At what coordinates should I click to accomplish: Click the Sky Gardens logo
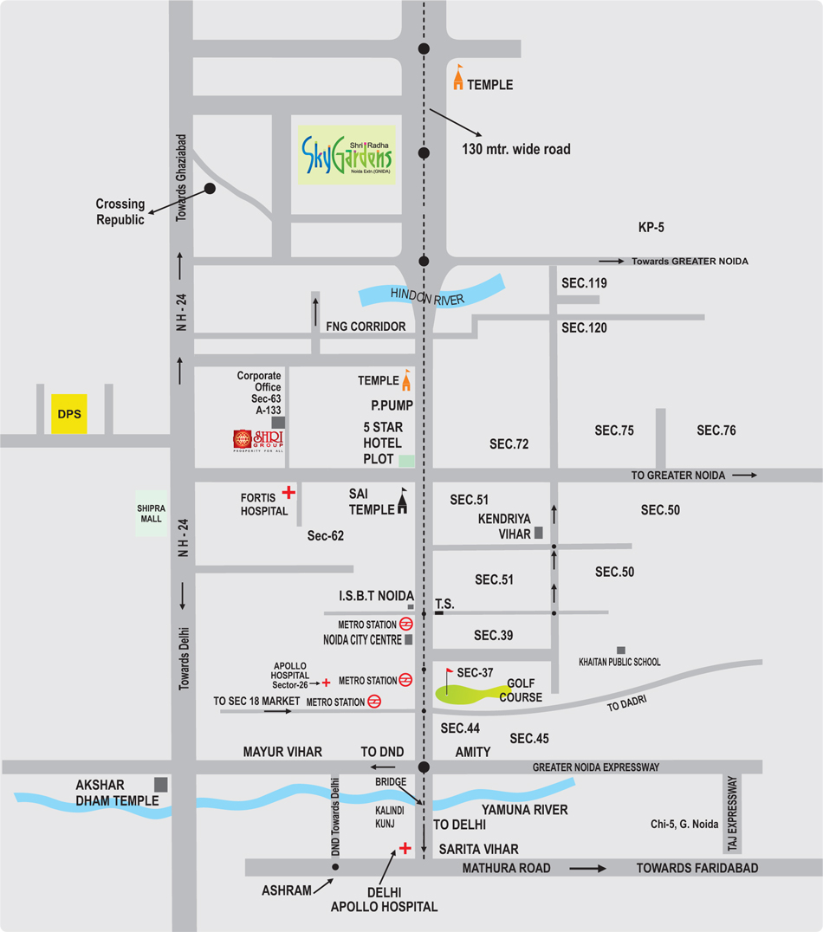pos(347,156)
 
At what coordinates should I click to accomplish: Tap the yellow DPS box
pos(68,415)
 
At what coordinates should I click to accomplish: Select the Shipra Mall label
pos(150,513)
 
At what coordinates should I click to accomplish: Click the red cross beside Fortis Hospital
pos(288,493)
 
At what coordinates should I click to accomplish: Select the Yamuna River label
pos(525,810)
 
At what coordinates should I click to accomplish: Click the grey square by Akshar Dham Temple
pos(161,784)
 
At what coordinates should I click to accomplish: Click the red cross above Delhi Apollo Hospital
pos(404,848)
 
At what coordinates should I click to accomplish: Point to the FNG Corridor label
pos(366,327)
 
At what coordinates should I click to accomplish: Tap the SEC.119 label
pos(584,283)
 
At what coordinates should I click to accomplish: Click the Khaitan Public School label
pos(619,662)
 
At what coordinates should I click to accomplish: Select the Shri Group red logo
pos(258,441)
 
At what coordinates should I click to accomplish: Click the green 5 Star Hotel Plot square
pos(406,461)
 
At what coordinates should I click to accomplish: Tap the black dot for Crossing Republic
pos(210,188)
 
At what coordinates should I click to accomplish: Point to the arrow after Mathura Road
pos(588,868)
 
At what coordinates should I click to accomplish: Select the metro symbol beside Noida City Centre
pos(405,624)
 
